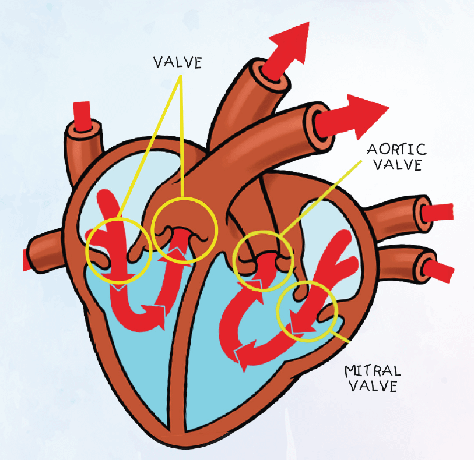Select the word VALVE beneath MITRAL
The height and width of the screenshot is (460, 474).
tap(371, 386)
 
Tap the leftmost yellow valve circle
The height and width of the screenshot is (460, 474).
tap(118, 250)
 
